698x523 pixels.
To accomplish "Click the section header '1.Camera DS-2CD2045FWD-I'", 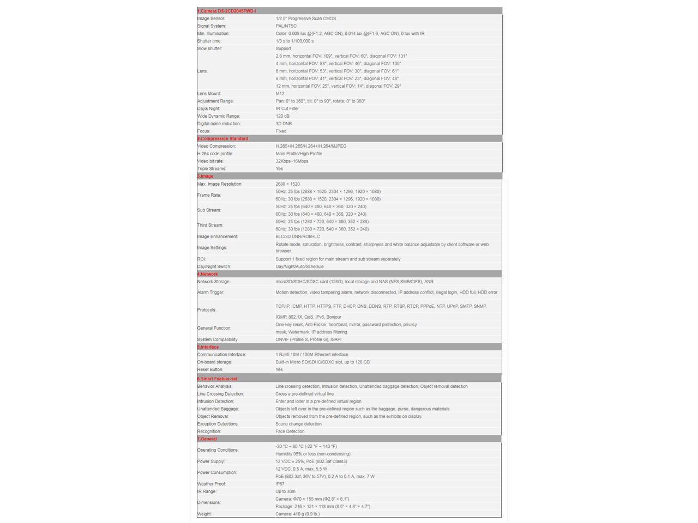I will coord(226,11).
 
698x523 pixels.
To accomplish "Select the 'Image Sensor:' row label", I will coord(211,19).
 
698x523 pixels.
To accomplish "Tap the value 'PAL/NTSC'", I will coord(286,26).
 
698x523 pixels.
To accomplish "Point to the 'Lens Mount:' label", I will coord(209,94).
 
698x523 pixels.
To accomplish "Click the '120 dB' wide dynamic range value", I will coord(282,116).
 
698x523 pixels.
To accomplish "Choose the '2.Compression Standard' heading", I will coord(222,139).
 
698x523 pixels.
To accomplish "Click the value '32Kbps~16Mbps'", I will coord(292,161).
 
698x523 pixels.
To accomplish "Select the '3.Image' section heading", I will coord(205,177).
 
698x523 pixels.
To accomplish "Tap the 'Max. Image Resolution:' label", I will coord(220,184).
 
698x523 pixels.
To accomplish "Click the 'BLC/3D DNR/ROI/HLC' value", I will coord(298,237).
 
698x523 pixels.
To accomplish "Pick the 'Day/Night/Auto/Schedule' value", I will coord(299,267).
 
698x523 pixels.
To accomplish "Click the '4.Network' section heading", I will coord(207,275).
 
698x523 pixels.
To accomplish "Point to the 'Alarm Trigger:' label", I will coord(210,293).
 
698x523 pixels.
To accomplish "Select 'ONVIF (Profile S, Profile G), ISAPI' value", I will coord(309,340).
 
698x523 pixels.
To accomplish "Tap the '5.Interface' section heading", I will coord(208,347).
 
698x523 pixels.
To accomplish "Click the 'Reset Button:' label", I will coord(210,370).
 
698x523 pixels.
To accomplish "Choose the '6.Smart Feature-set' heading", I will coord(217,379).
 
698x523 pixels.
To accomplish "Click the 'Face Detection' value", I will coord(290,431).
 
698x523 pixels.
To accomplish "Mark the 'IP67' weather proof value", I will coord(280,484).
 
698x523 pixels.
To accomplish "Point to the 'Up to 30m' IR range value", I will coord(285,492).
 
